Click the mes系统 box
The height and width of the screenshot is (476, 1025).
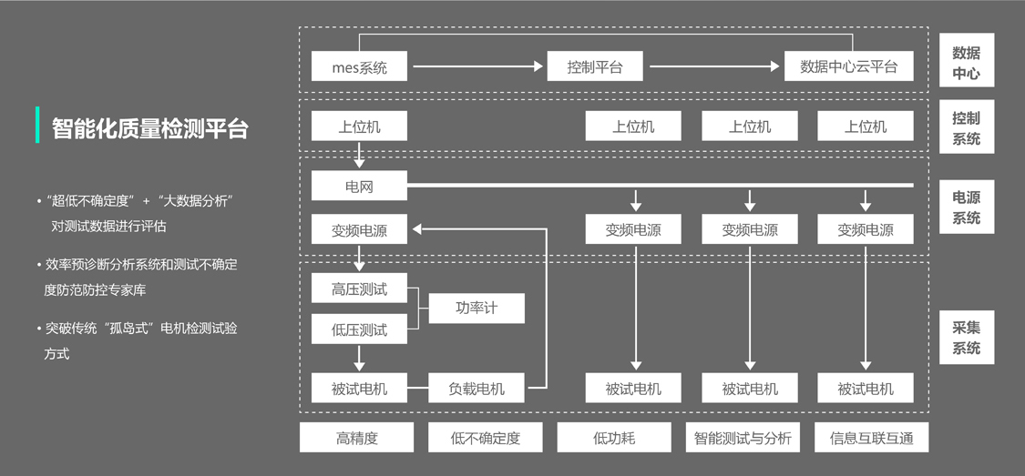(359, 66)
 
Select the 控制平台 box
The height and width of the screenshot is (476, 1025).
(594, 66)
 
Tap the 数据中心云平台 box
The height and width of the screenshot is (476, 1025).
(848, 66)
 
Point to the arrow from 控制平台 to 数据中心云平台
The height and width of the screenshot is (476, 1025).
(715, 66)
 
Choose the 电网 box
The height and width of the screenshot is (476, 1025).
(359, 187)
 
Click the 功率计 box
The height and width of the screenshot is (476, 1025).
(477, 308)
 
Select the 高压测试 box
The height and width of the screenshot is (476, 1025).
(359, 289)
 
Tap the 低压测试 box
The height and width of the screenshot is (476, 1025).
(359, 329)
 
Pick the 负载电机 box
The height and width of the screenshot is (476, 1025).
(477, 389)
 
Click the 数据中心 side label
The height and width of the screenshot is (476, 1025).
(966, 62)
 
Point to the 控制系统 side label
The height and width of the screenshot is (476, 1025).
(966, 128)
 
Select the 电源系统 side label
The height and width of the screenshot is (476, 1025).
(966, 208)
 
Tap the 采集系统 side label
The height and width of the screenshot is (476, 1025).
(966, 338)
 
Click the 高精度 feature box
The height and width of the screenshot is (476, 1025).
(356, 438)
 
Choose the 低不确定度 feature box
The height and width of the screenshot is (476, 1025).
(486, 438)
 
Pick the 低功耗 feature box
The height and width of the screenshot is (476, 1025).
(614, 438)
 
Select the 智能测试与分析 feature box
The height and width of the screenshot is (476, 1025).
(743, 438)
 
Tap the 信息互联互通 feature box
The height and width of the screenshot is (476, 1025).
(871, 438)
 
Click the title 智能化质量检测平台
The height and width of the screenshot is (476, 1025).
(149, 128)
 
